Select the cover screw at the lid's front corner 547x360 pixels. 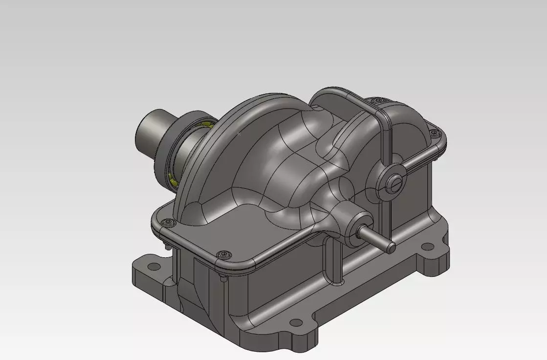(224, 254)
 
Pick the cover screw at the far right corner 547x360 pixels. (432, 132)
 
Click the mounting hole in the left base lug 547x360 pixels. (153, 266)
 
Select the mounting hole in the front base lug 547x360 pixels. (296, 323)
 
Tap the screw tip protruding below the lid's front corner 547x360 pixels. (223, 279)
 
